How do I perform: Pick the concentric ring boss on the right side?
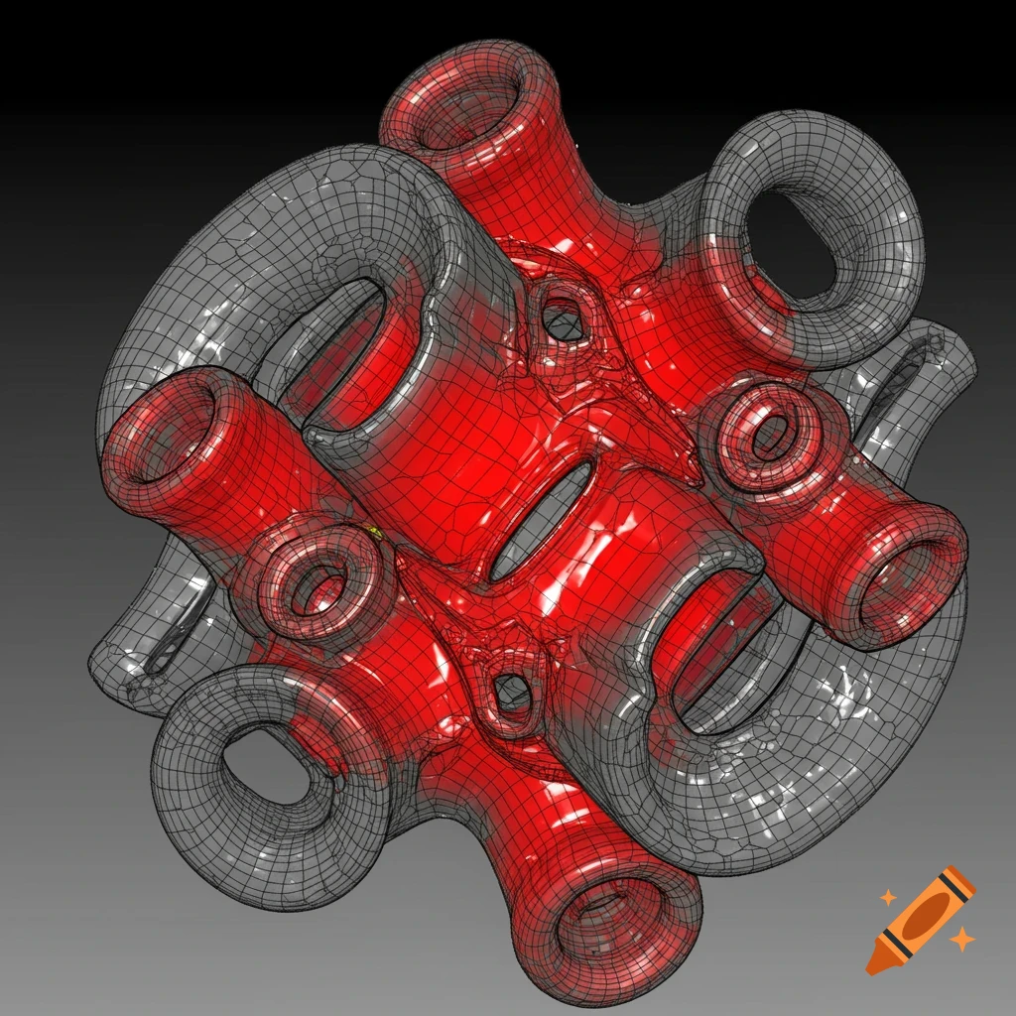coord(770,438)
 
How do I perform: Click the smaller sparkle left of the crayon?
coord(888,898)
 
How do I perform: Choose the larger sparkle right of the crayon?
coord(959,938)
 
